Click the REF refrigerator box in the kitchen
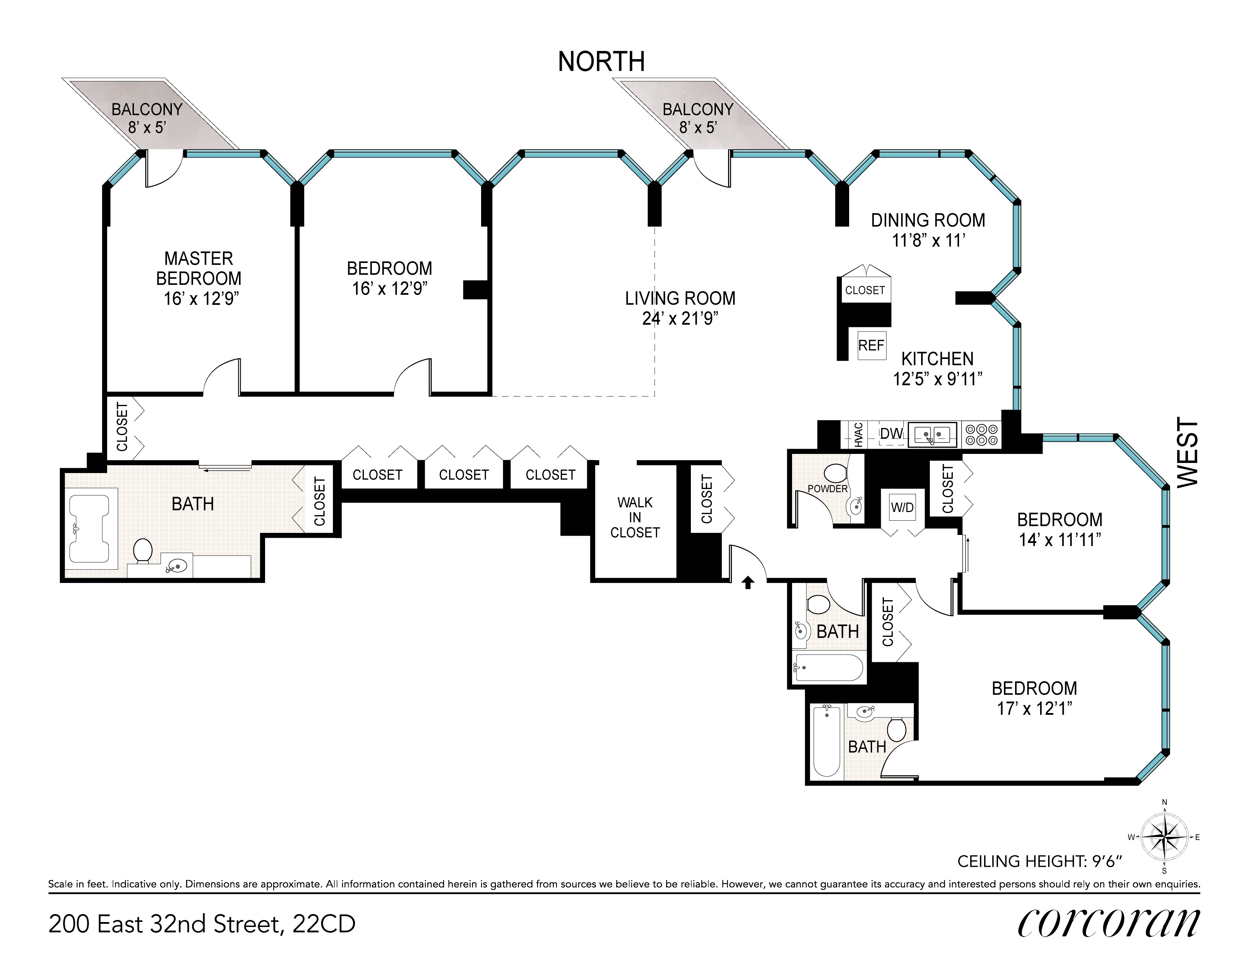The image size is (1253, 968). click(871, 345)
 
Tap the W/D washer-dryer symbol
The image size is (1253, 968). click(902, 507)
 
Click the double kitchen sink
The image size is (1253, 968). click(932, 434)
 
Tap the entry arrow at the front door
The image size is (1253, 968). click(748, 583)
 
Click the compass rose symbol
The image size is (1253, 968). click(1164, 837)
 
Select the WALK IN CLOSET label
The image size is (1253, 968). click(635, 518)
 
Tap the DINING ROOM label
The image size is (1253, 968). click(928, 220)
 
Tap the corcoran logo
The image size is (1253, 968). click(1108, 923)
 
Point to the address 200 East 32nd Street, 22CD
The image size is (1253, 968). click(202, 924)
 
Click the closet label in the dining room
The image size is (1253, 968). click(864, 290)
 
